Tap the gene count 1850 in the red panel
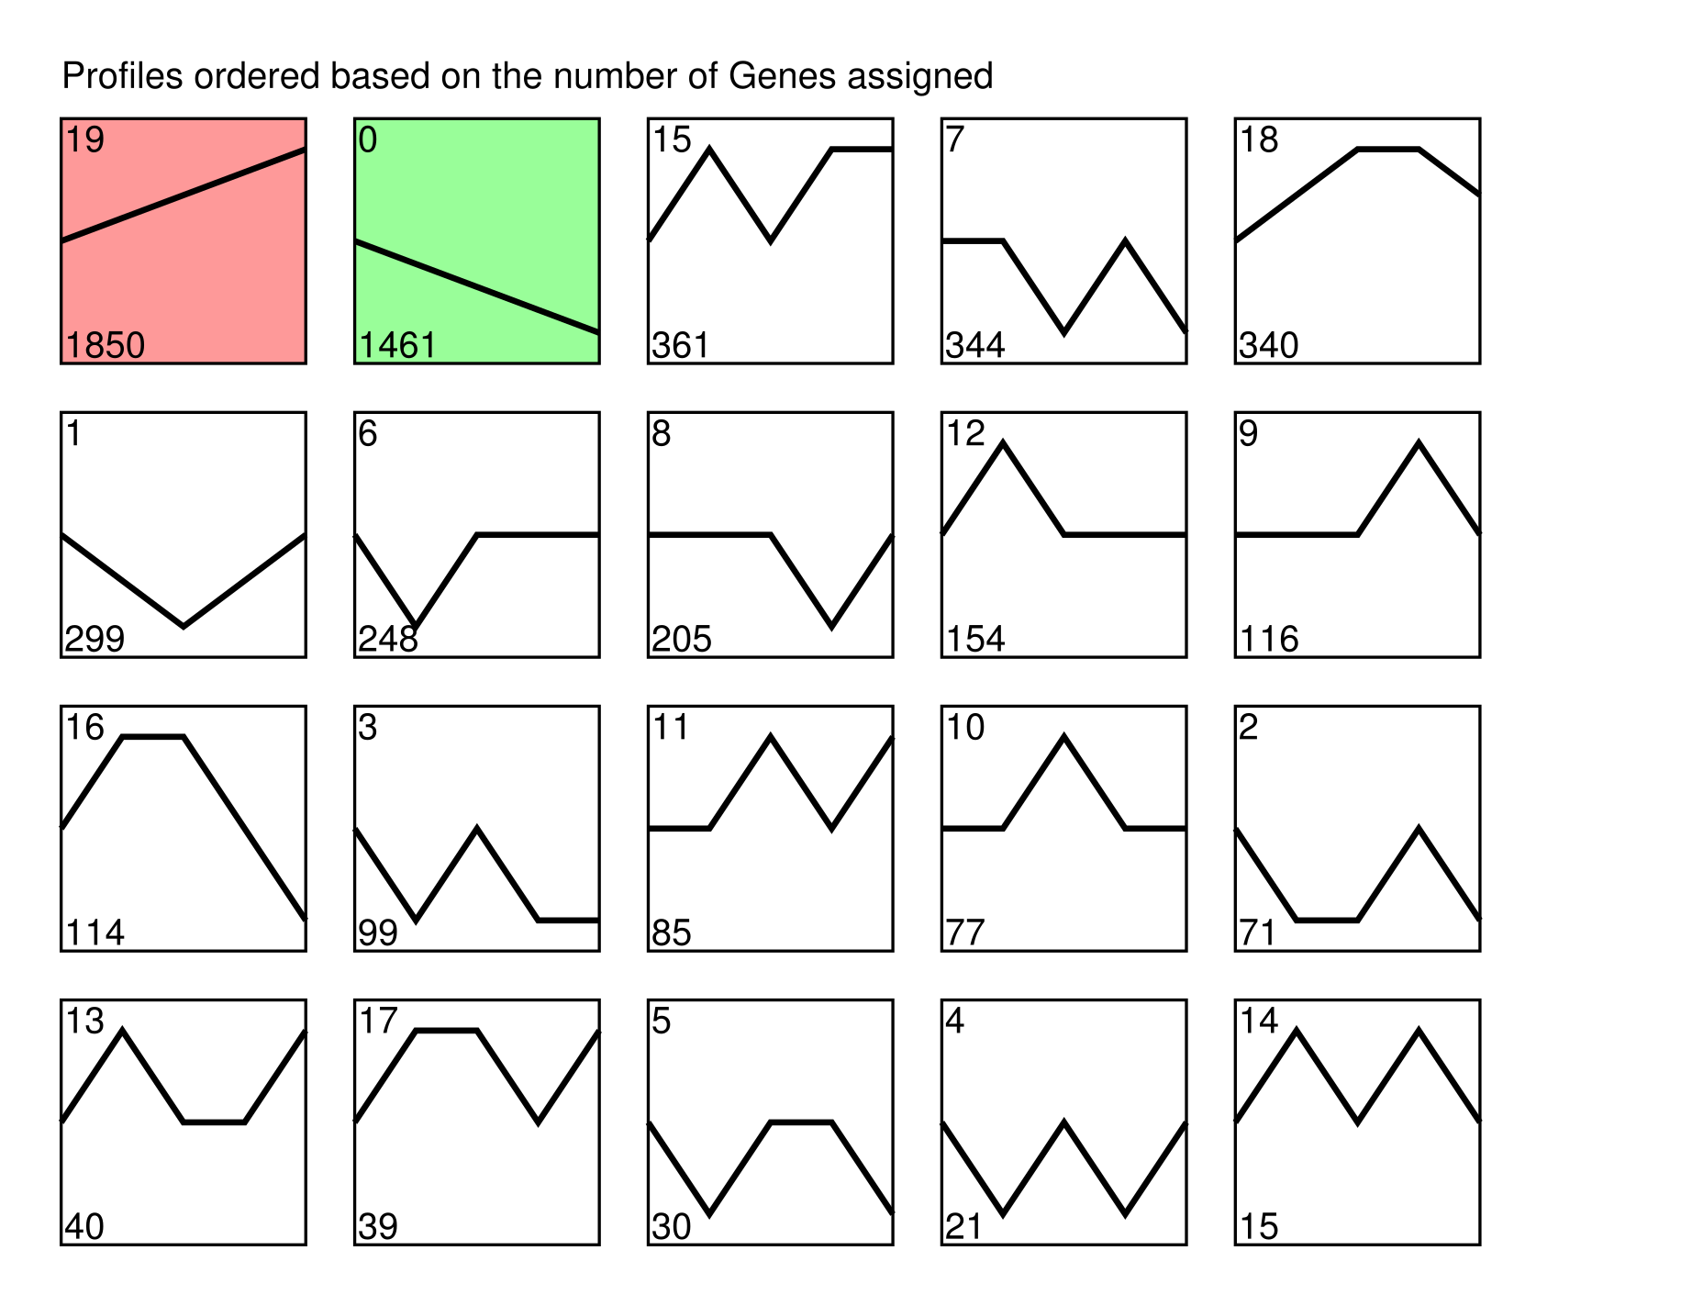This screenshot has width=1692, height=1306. click(x=106, y=345)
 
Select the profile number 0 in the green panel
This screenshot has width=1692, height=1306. click(x=367, y=140)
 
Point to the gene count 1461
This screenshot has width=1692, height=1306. click(x=398, y=345)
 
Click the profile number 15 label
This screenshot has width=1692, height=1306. click(x=672, y=140)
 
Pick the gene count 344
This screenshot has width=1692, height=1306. click(x=975, y=345)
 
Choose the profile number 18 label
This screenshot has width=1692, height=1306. click(x=1259, y=140)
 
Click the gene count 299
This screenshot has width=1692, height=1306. click(x=95, y=639)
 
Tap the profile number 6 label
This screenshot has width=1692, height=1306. click(x=367, y=433)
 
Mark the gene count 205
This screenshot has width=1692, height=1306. click(x=682, y=639)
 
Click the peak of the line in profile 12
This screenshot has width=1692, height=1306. click(x=1003, y=443)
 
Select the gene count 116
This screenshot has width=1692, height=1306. click(x=1269, y=639)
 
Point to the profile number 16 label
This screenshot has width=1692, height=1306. click(x=84, y=727)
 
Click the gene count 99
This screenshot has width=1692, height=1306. click(x=378, y=932)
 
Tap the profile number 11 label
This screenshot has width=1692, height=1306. click(x=671, y=727)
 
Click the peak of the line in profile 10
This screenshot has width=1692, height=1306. click(x=1063, y=737)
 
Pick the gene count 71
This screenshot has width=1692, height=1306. click(x=1258, y=932)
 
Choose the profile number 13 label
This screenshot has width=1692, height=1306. click(x=84, y=1021)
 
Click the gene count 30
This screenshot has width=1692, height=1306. click(x=672, y=1226)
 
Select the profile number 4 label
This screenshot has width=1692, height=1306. click(x=954, y=1021)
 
